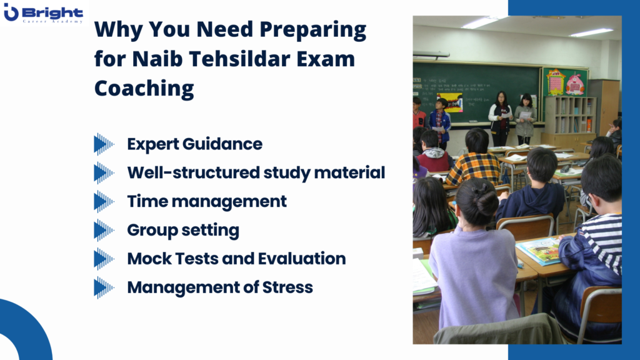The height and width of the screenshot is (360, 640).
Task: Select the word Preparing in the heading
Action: (x=312, y=30)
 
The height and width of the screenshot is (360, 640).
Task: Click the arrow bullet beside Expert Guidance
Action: (x=104, y=144)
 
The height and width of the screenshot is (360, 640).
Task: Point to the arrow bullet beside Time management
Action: (x=104, y=202)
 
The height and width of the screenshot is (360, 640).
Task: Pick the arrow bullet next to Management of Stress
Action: (x=104, y=287)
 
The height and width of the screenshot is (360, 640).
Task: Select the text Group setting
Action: (x=183, y=231)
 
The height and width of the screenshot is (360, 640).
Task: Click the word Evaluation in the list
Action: (x=302, y=259)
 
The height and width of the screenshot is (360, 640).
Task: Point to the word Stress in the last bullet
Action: (x=287, y=287)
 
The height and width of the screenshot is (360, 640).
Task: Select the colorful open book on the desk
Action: (x=538, y=250)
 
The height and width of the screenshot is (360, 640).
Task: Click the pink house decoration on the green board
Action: (x=575, y=84)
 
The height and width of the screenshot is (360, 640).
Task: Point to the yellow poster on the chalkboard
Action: (x=449, y=102)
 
